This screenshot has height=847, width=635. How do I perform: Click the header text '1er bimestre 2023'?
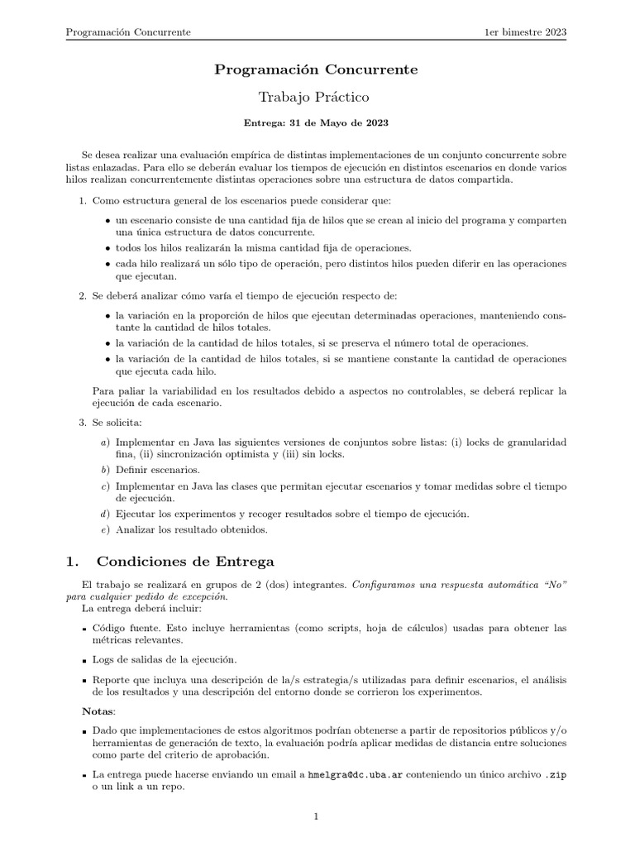point(525,32)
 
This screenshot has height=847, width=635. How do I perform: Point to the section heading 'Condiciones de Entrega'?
point(186,562)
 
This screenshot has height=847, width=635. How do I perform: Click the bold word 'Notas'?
point(98,711)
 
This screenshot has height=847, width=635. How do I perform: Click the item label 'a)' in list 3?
point(104,443)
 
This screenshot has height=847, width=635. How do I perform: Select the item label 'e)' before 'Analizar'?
point(104,529)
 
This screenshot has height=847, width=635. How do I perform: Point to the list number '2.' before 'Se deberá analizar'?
point(83,295)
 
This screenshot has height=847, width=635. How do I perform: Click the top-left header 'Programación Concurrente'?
point(128,32)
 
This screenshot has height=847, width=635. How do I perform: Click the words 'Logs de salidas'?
point(130,659)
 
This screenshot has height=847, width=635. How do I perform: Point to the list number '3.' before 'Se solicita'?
point(83,423)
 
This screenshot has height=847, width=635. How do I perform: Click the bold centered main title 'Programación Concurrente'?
point(317,69)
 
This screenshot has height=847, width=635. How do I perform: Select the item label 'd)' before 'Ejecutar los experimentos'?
point(104,514)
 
